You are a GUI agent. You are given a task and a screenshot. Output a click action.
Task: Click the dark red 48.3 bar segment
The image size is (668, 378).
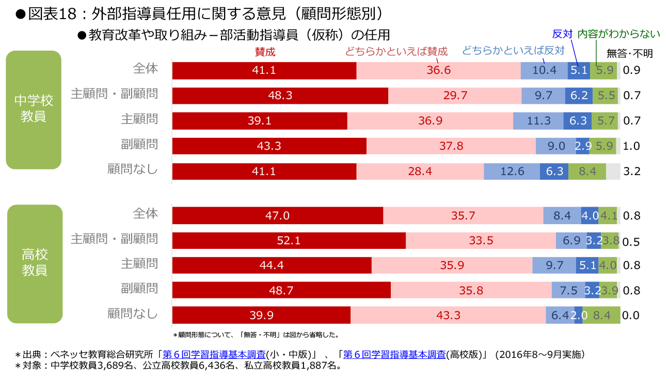tap(280, 96)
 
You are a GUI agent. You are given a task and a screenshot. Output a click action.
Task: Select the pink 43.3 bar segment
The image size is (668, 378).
tap(448, 315)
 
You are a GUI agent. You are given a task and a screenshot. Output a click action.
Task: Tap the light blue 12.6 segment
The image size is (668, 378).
tap(512, 171)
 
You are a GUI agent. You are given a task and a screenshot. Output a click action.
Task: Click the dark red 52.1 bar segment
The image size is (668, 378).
tap(289, 241)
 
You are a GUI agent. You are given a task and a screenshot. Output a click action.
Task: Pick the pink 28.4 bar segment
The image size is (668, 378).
tap(420, 171)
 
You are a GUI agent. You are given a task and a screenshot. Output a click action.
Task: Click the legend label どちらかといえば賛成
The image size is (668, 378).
tap(396, 51)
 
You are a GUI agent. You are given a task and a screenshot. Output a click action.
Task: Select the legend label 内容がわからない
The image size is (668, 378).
tap(618, 35)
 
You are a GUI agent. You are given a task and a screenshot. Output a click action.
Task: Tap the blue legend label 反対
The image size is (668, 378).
tap(562, 35)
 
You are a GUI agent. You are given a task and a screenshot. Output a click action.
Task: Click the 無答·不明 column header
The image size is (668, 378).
tap(629, 53)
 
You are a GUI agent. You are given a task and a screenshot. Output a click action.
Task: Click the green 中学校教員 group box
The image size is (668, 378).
tap(34, 109)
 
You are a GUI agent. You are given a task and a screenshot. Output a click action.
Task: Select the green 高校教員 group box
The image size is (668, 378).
tap(35, 263)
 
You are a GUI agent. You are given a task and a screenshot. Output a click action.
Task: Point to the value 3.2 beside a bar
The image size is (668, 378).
tap(632, 171)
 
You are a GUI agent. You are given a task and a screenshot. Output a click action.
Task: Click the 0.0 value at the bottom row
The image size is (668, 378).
tap(632, 315)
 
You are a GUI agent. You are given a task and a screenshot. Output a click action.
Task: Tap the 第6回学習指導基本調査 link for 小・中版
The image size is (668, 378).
tap(214, 355)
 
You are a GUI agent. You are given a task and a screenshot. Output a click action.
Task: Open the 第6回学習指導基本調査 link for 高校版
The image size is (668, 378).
tap(394, 355)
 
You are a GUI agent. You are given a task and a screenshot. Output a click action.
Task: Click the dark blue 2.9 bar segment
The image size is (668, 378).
tap(582, 146)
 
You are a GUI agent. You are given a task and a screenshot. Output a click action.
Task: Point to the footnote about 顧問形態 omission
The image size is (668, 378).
tap(256, 335)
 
